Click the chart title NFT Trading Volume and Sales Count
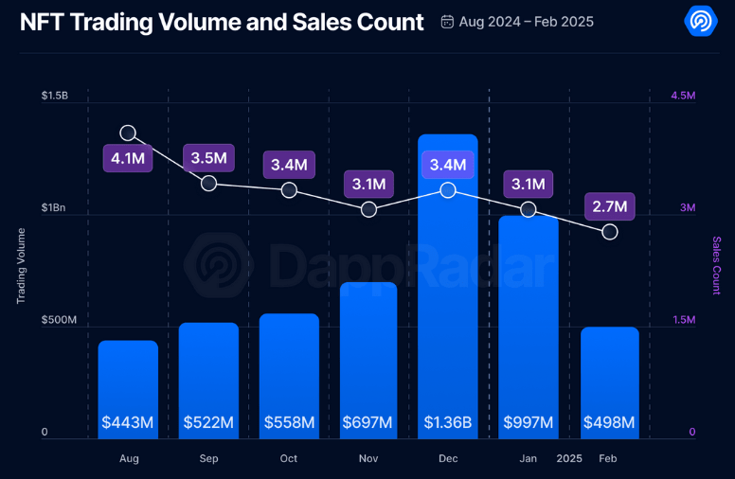tap(222, 22)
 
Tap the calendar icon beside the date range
tap(447, 22)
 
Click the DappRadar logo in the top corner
tap(701, 21)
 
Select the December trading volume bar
tap(448, 287)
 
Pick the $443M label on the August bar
tap(128, 422)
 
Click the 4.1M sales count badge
tap(128, 158)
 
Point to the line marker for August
tap(128, 133)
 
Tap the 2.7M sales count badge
tap(610, 206)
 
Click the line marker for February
tap(610, 232)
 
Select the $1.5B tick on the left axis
tap(55, 96)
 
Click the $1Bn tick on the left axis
tap(53, 207)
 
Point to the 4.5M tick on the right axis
tap(683, 96)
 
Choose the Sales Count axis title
tap(716, 265)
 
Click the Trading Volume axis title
tap(21, 266)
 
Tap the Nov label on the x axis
tap(368, 458)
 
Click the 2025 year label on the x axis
tap(569, 458)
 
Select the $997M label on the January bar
tap(529, 422)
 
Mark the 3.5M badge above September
tap(208, 158)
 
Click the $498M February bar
tap(610, 383)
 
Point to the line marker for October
tap(289, 190)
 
